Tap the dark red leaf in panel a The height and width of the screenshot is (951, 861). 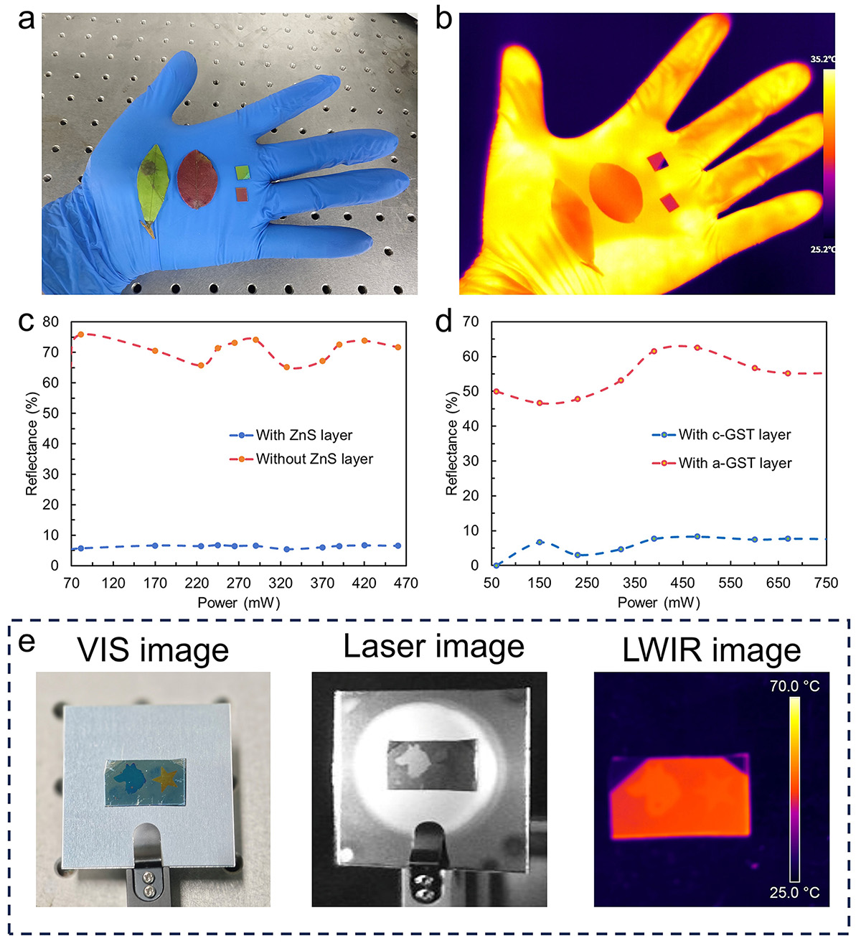[x=196, y=179]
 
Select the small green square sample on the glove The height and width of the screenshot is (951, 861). [x=243, y=172]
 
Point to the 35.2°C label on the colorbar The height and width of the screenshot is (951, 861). [x=822, y=60]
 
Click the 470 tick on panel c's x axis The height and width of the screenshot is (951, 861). [x=406, y=584]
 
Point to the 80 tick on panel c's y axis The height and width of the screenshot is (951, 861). [x=50, y=322]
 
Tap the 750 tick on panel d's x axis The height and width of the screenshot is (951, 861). [x=826, y=584]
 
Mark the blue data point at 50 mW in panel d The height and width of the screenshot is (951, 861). [x=496, y=566]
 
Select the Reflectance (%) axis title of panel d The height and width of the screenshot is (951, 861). [x=451, y=444]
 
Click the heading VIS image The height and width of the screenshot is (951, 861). [x=153, y=650]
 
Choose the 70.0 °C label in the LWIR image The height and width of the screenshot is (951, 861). [x=794, y=686]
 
